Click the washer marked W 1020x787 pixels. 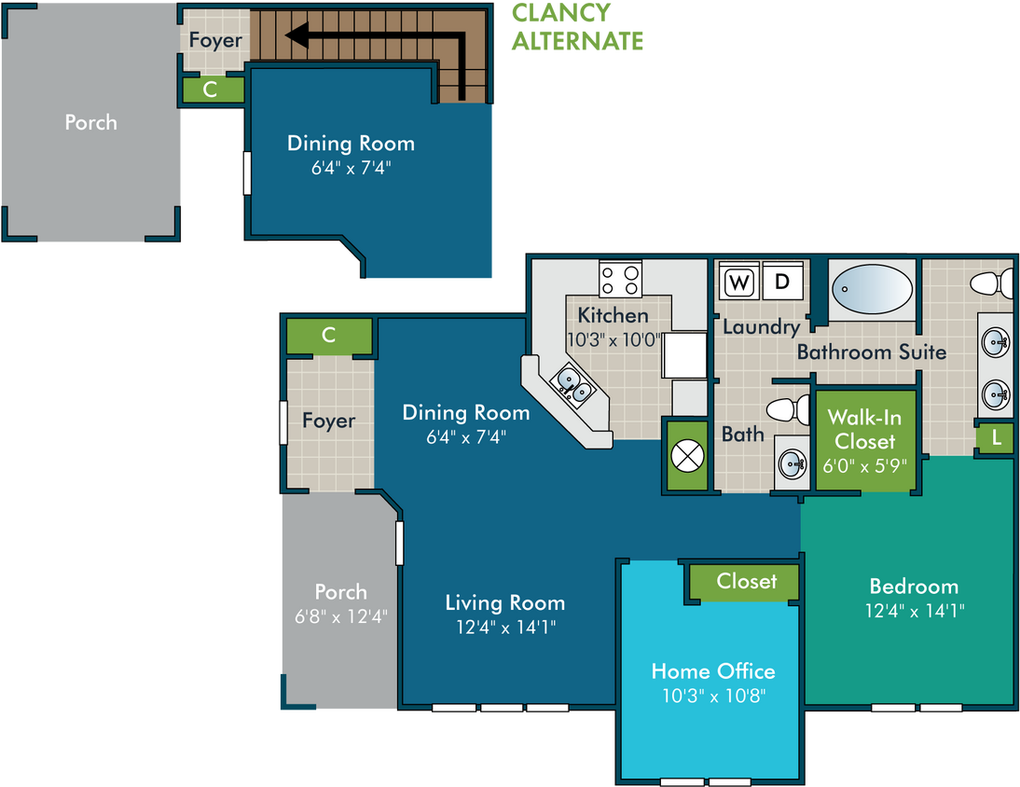(x=739, y=281)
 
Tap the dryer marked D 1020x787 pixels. (x=782, y=281)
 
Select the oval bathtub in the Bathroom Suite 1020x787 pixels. (x=873, y=289)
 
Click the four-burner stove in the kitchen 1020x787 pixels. (x=621, y=279)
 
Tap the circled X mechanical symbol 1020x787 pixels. (x=687, y=455)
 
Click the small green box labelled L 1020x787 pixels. (x=996, y=438)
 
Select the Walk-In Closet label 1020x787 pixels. (x=864, y=429)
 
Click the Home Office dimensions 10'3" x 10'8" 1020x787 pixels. (x=713, y=696)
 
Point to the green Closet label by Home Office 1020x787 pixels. (x=747, y=581)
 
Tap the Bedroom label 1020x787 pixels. (x=914, y=586)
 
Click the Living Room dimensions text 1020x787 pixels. (x=505, y=627)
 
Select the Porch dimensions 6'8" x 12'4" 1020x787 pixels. (x=341, y=616)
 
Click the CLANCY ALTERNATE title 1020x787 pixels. (x=577, y=27)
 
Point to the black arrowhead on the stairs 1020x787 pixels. (x=296, y=35)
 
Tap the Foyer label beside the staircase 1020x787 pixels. (x=215, y=40)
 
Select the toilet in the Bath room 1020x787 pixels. (x=788, y=409)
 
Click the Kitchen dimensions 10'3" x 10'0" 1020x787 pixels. (x=613, y=340)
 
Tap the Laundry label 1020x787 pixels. (x=761, y=327)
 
